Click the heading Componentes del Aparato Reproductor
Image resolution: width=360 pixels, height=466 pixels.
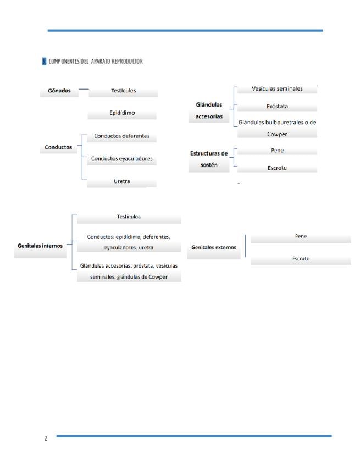point(96,61)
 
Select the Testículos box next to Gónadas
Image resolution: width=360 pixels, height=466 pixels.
point(123,91)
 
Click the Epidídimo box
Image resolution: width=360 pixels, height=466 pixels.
point(122,113)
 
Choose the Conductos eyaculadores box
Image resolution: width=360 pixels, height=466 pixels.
point(122,159)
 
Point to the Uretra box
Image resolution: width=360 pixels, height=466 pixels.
point(122,181)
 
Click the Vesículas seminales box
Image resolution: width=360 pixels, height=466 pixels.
point(277,88)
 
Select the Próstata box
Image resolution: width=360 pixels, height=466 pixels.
point(277,107)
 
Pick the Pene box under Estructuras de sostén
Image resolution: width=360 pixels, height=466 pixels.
point(277,151)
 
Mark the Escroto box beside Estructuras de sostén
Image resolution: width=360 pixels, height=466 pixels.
point(277,168)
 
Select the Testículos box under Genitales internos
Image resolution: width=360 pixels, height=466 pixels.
point(129,217)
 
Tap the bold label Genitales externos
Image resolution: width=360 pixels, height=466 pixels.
point(213,247)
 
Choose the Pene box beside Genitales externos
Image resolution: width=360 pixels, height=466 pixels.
point(301,236)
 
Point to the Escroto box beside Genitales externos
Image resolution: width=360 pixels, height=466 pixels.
point(301,258)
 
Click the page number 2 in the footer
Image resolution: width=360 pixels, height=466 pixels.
point(46,438)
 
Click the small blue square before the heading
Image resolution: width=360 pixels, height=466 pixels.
point(44,61)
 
